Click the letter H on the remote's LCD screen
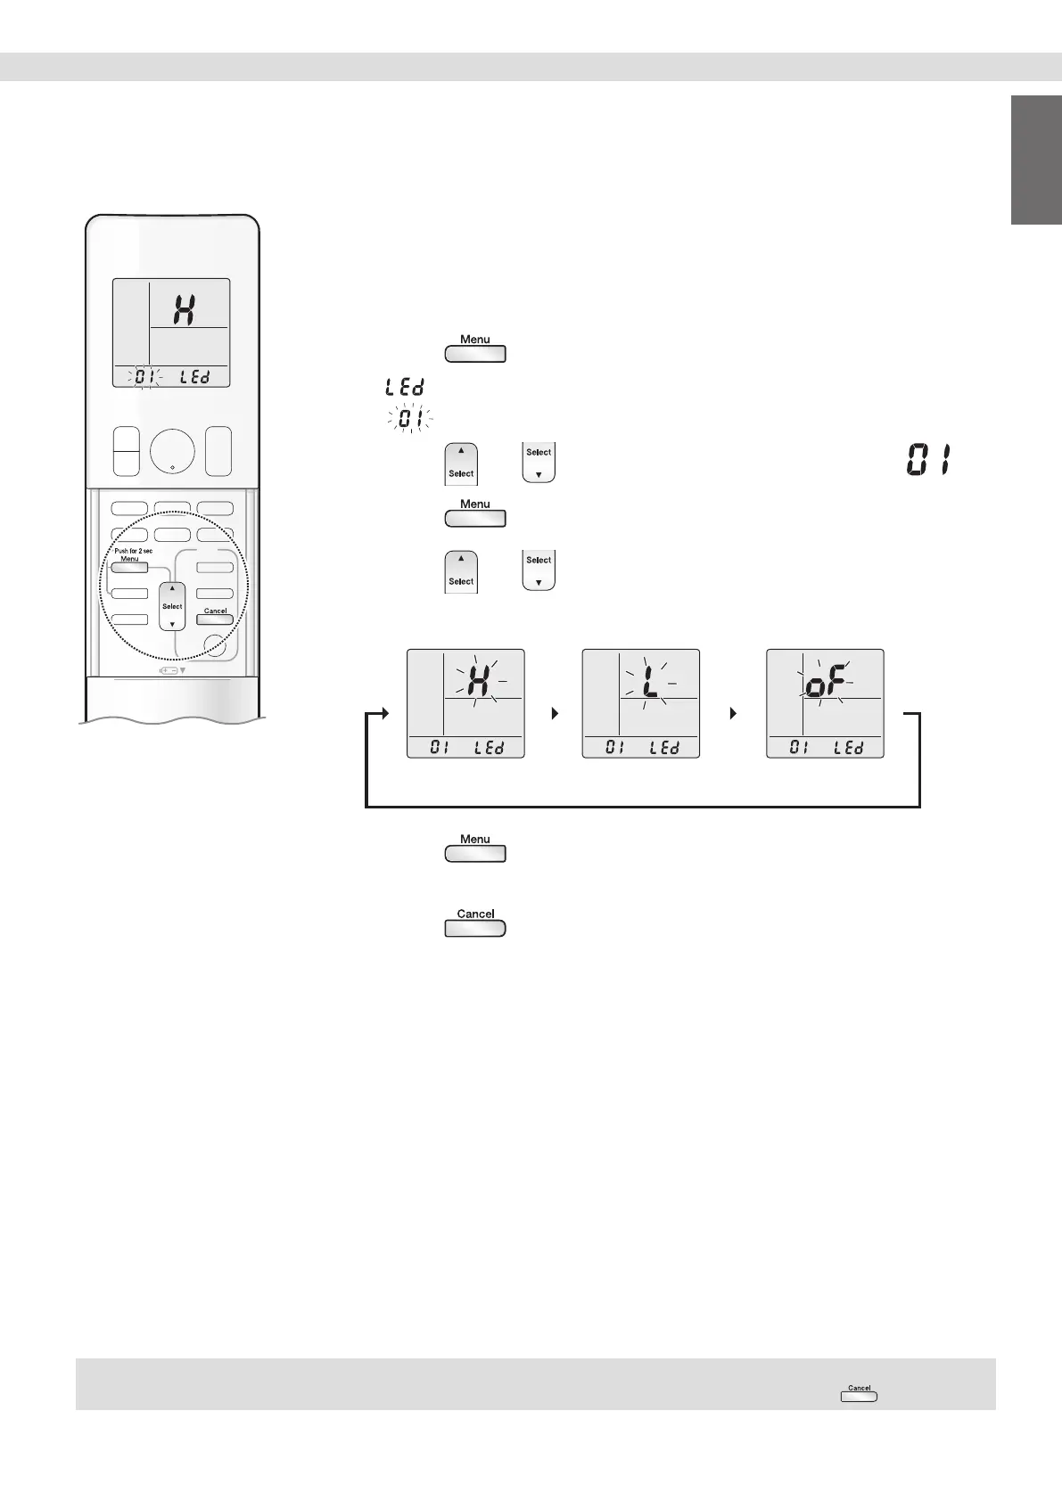tap(184, 309)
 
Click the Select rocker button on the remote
tap(172, 606)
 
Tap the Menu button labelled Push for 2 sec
tap(130, 568)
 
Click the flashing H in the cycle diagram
tap(477, 681)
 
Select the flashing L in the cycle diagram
tap(649, 681)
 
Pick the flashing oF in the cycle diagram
tap(824, 685)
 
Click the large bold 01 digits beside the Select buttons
tap(927, 462)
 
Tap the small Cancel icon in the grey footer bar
tap(859, 1393)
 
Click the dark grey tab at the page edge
tap(1036, 160)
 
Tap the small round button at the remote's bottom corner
tap(214, 645)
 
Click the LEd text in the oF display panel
tap(848, 748)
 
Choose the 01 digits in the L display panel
tap(614, 748)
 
